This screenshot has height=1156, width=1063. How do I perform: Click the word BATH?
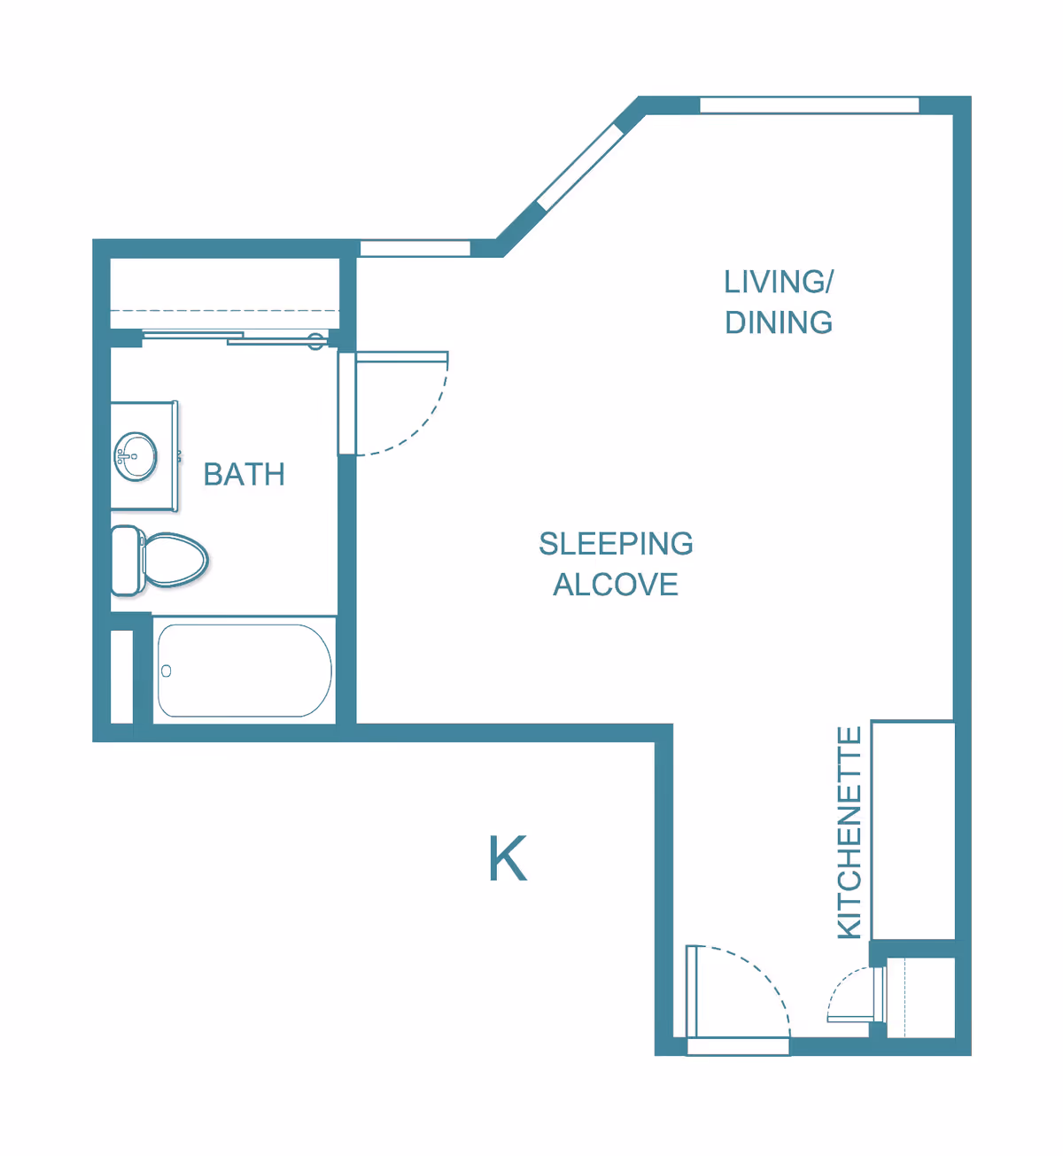[x=244, y=475]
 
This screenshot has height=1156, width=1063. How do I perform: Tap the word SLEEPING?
[x=616, y=544]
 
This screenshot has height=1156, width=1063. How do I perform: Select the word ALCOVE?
[x=616, y=585]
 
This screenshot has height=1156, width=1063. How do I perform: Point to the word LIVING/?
[x=778, y=283]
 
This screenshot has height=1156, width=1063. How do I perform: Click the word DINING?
[x=779, y=323]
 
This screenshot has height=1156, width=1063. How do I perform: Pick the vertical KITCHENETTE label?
[x=850, y=833]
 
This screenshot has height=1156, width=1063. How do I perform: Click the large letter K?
[x=508, y=859]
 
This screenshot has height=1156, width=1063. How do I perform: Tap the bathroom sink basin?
[x=136, y=457]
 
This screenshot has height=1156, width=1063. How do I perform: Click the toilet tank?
[x=127, y=561]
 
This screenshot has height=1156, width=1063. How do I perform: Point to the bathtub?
[x=244, y=671]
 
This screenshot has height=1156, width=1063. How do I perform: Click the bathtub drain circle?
[x=166, y=671]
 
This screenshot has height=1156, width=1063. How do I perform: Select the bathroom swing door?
[x=347, y=404]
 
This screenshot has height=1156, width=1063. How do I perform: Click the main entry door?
[x=693, y=992]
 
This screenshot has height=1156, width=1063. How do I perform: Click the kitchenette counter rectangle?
[x=913, y=830]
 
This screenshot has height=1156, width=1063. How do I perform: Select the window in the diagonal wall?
[x=580, y=167]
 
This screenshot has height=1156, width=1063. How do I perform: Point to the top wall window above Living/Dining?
[x=809, y=105]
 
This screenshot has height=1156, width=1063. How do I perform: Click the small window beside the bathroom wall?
[x=415, y=249]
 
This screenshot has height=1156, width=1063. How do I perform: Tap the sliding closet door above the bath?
[x=235, y=337]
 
